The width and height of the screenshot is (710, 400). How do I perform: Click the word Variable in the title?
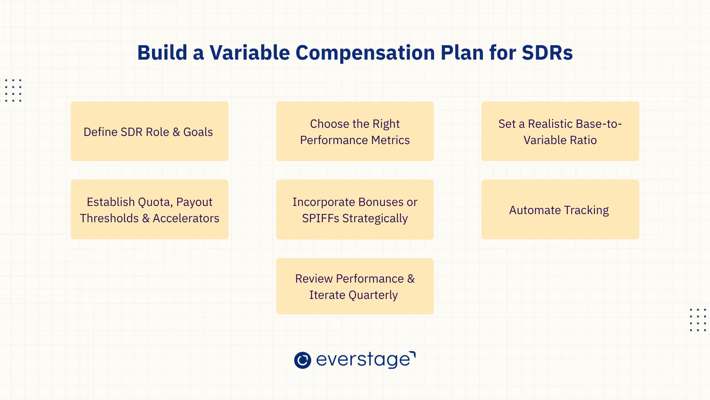coord(250,53)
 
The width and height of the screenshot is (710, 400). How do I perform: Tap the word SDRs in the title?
coord(547,53)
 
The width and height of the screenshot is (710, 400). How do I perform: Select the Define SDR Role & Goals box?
coord(149,131)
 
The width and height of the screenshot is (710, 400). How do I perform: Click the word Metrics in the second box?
coord(390,140)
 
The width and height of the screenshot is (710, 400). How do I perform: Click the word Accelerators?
coord(186,218)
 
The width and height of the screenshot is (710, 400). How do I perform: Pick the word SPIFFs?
coord(321,218)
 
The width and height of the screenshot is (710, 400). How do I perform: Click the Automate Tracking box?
coord(560,209)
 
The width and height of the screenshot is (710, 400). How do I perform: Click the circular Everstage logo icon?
coord(302,360)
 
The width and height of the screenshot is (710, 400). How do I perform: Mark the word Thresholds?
coord(109,218)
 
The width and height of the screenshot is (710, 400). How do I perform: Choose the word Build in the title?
coord(162,53)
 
